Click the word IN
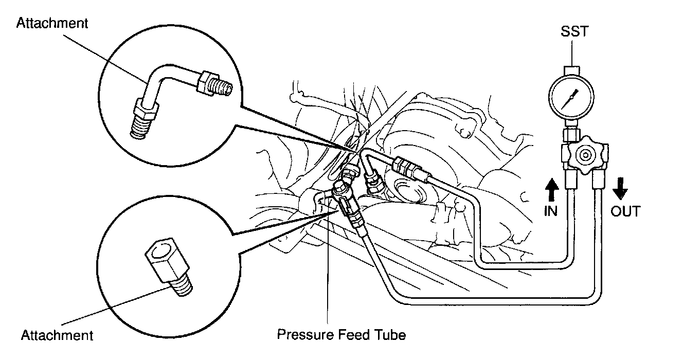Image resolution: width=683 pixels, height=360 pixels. click(551, 211)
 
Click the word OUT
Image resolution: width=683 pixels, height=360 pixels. click(625, 211)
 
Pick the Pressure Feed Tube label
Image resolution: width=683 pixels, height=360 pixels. click(341, 335)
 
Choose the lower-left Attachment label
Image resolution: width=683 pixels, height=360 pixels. click(57, 335)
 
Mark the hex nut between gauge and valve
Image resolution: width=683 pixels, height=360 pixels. click(570, 136)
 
